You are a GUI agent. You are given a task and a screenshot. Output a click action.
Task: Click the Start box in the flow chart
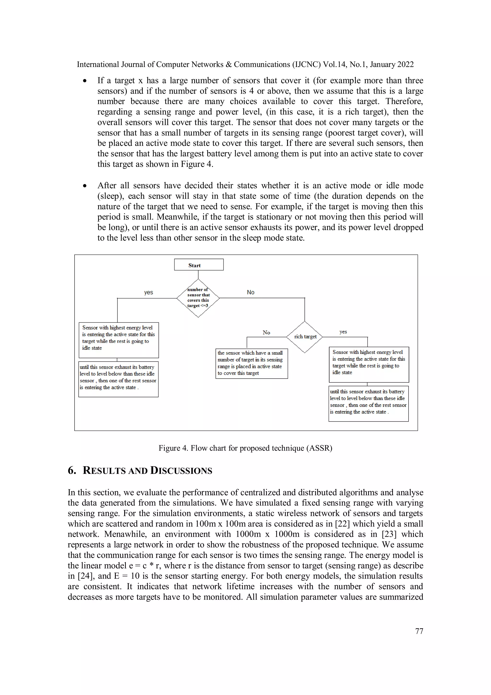[x=199, y=265]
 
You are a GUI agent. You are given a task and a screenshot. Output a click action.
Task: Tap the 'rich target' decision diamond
[x=305, y=337]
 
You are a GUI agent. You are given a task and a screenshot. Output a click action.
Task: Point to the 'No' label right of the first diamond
[x=251, y=292]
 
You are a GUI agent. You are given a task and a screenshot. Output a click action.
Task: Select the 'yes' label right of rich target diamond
[x=343, y=332]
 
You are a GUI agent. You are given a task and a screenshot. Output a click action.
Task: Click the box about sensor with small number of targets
[x=251, y=363]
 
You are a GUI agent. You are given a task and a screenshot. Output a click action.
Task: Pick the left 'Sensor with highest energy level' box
[x=119, y=340]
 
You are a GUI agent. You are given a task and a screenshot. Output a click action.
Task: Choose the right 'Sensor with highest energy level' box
[x=369, y=364]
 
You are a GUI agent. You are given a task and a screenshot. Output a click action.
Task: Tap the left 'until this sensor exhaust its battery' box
[x=118, y=379]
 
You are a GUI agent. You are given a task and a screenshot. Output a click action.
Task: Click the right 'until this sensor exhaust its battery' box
[x=368, y=404]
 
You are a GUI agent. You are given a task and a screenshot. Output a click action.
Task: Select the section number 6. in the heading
[x=72, y=471]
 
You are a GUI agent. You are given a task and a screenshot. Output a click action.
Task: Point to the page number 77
[x=419, y=631]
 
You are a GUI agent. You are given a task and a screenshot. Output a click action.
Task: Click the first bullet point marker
[x=85, y=81]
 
